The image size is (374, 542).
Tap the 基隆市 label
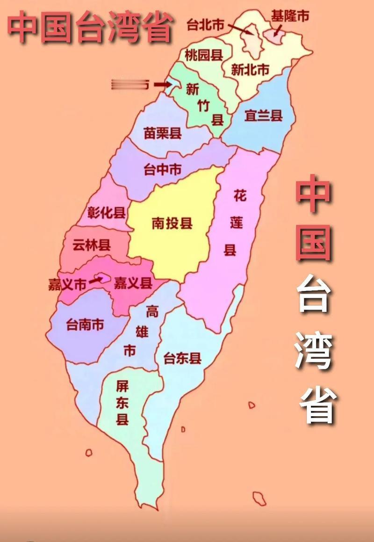pos(290,16)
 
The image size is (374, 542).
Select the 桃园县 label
pos(203,56)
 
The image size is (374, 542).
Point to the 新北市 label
pos(250,70)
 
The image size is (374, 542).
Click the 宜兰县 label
pos(264,116)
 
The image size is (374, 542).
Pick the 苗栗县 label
pos(163,134)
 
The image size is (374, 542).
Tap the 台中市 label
pos(163,169)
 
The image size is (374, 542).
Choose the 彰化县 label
pos(107,213)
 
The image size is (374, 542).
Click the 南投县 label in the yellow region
pos(172,223)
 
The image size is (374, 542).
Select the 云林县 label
pos(92,245)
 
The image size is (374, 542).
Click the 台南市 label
pos(85,324)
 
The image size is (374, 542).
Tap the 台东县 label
pos(182,359)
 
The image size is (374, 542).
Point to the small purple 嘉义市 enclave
pos(103,278)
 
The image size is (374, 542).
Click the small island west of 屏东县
pos(88,452)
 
